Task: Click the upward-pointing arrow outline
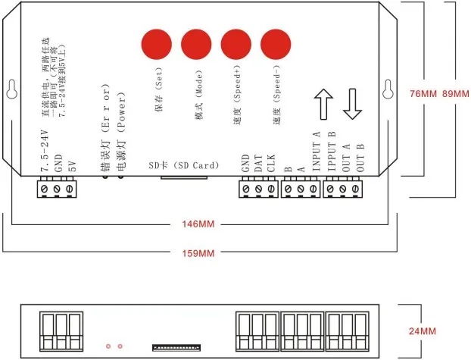click(323, 103)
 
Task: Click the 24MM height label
click(422, 331)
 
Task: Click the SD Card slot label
click(184, 165)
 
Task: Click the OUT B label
click(360, 156)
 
